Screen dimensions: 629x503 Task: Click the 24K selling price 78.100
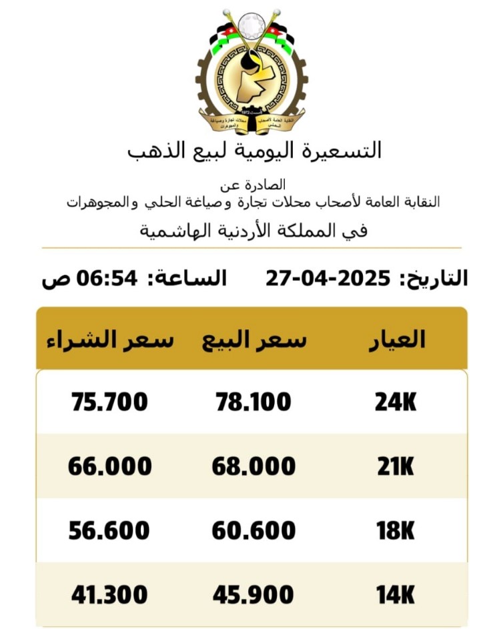click(254, 402)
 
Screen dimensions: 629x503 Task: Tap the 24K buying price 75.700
click(109, 402)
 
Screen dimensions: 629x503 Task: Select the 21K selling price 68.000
click(254, 466)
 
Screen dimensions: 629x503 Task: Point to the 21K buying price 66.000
click(109, 466)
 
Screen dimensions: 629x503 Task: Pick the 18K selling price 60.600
click(254, 530)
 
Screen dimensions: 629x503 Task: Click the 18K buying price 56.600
click(109, 530)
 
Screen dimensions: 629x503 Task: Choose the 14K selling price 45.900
click(254, 594)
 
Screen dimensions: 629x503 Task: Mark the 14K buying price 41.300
click(109, 594)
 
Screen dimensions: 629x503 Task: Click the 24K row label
click(395, 402)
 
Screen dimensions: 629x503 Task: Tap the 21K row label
click(395, 466)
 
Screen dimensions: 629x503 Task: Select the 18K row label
click(395, 530)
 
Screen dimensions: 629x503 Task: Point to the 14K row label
click(395, 594)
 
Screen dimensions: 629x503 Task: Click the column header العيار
click(397, 339)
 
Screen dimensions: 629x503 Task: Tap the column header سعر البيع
click(254, 340)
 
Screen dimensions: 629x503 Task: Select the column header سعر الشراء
click(109, 340)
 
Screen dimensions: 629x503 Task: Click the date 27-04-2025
click(328, 277)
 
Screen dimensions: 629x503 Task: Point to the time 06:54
click(110, 277)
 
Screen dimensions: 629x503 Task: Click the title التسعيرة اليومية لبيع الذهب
click(254, 150)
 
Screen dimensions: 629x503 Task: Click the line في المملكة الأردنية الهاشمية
click(254, 231)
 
